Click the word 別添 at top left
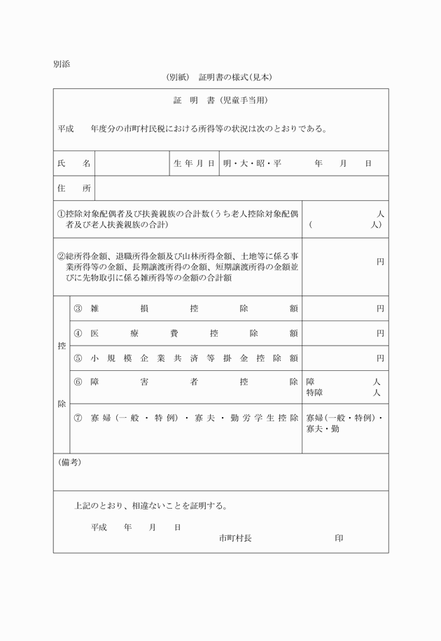point(61,64)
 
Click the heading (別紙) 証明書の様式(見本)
point(218,77)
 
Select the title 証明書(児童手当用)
point(220,101)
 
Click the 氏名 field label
point(73,163)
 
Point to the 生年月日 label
point(194,163)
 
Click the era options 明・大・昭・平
point(252,163)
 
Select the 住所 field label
point(73,188)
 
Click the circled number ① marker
point(61,213)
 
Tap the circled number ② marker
point(61,257)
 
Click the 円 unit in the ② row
point(380,262)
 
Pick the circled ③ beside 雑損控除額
point(78,308)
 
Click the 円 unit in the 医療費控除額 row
point(380,333)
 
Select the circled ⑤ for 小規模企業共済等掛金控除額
point(78,358)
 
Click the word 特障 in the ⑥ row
point(314,393)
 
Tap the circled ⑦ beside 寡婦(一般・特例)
point(78,418)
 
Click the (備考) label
point(69,462)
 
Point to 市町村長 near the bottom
point(234,538)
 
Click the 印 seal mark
point(339,538)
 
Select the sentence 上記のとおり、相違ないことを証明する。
point(150,505)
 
